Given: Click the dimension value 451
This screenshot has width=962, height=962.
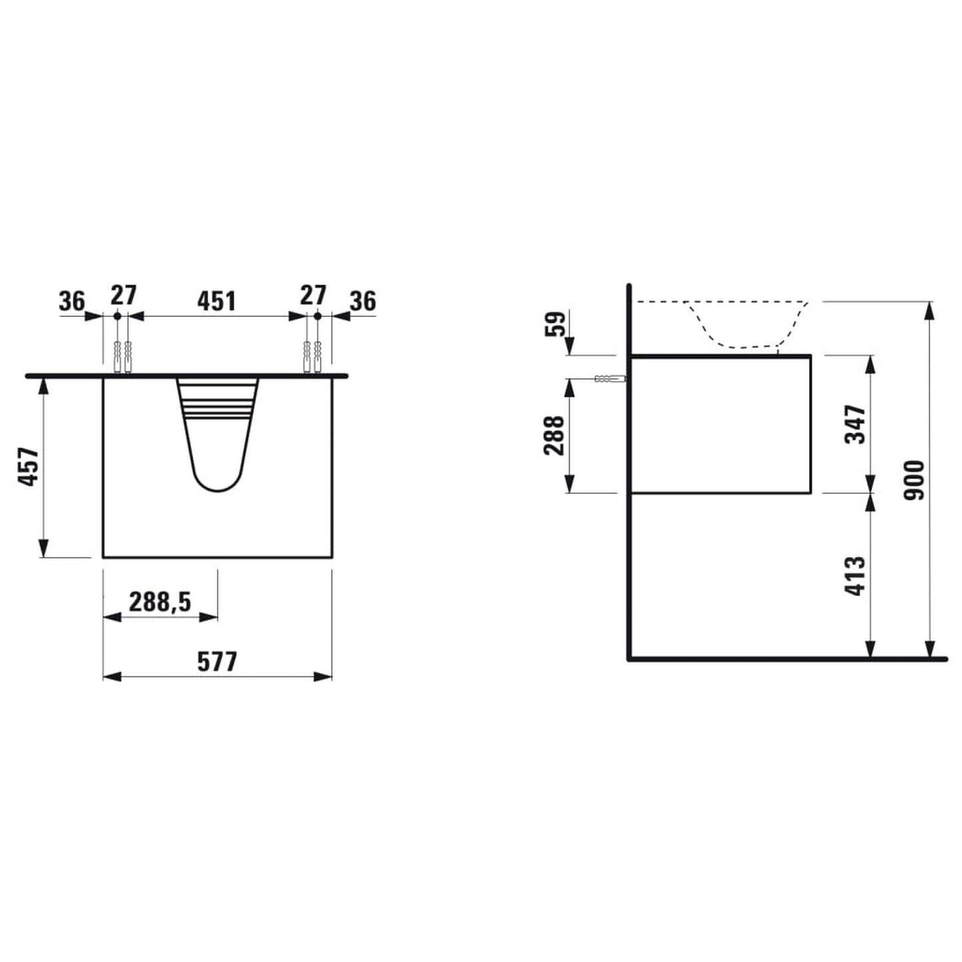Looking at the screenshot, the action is [216, 301].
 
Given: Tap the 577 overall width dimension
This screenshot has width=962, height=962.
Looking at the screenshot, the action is [216, 662].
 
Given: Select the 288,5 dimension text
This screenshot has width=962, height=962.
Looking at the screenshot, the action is [160, 602].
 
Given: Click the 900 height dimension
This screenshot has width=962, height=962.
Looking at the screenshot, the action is [915, 480].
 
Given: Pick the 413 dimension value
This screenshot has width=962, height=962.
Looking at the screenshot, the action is [855, 576].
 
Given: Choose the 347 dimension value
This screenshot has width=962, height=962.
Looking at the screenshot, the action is [855, 424].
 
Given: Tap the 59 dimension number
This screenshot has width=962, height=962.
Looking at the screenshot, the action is [557, 324].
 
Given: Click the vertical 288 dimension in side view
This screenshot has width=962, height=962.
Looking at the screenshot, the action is [554, 435].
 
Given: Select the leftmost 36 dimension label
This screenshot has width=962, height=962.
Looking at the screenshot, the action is [72, 301].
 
